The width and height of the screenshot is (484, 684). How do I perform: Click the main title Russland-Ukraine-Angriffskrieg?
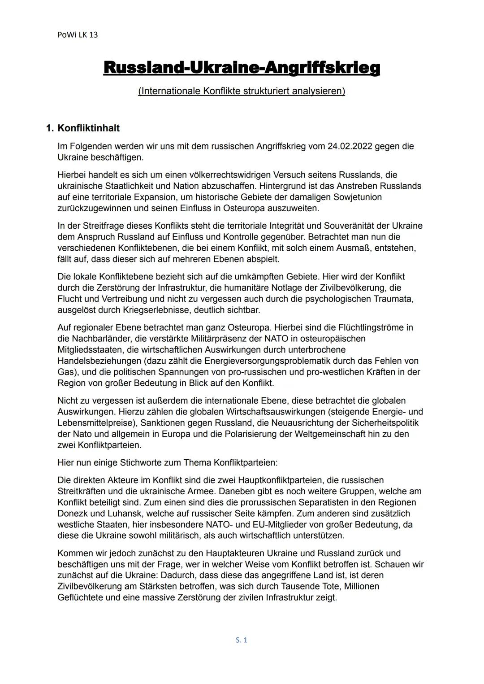tap(242, 68)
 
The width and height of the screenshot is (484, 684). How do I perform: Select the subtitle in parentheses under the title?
tap(242, 91)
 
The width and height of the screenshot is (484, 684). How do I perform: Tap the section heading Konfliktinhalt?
tap(89, 128)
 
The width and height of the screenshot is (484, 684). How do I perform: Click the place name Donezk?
tap(73, 514)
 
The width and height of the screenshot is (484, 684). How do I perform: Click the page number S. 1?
tap(242, 640)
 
